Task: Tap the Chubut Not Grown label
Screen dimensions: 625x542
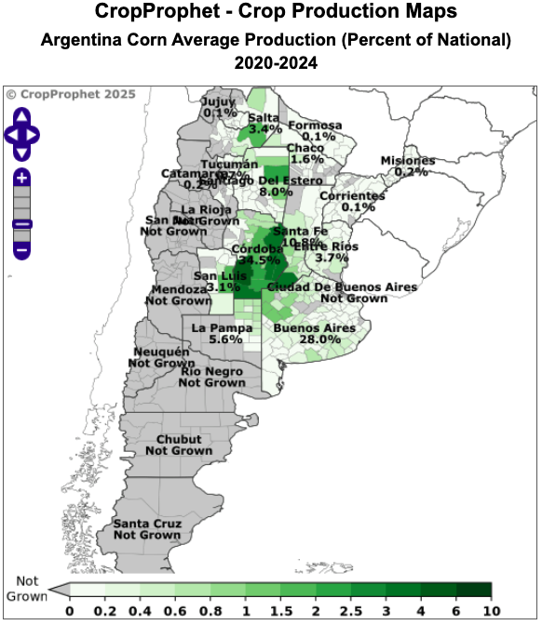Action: (x=179, y=445)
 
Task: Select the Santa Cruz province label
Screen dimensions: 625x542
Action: (x=147, y=529)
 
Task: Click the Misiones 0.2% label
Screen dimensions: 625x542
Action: (x=408, y=166)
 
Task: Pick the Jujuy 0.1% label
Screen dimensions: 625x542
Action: (x=220, y=106)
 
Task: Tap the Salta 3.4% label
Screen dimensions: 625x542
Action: (x=264, y=123)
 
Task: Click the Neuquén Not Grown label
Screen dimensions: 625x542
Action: (x=161, y=357)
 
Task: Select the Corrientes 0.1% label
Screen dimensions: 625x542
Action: (x=352, y=201)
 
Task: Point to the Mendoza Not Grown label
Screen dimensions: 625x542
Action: (x=180, y=295)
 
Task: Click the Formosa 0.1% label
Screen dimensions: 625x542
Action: (x=315, y=131)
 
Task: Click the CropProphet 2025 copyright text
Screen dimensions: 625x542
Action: (x=71, y=94)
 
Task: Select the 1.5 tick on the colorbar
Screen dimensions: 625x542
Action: (x=279, y=610)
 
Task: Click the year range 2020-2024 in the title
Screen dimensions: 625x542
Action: (x=276, y=63)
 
